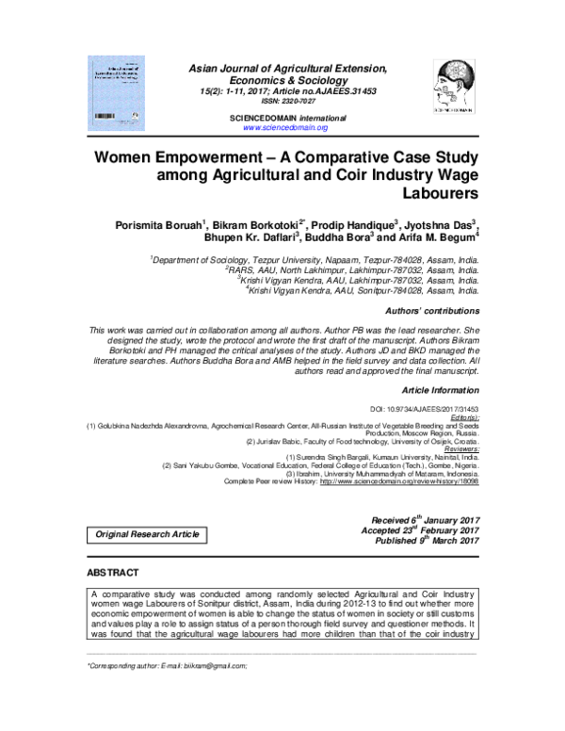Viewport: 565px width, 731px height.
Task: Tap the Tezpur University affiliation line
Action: (x=315, y=258)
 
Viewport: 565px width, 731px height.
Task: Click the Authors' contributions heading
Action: (x=433, y=311)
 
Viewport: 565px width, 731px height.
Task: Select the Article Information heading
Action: (x=441, y=388)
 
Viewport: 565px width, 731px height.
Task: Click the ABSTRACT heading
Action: (x=112, y=574)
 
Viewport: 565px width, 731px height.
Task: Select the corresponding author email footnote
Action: (x=167, y=666)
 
